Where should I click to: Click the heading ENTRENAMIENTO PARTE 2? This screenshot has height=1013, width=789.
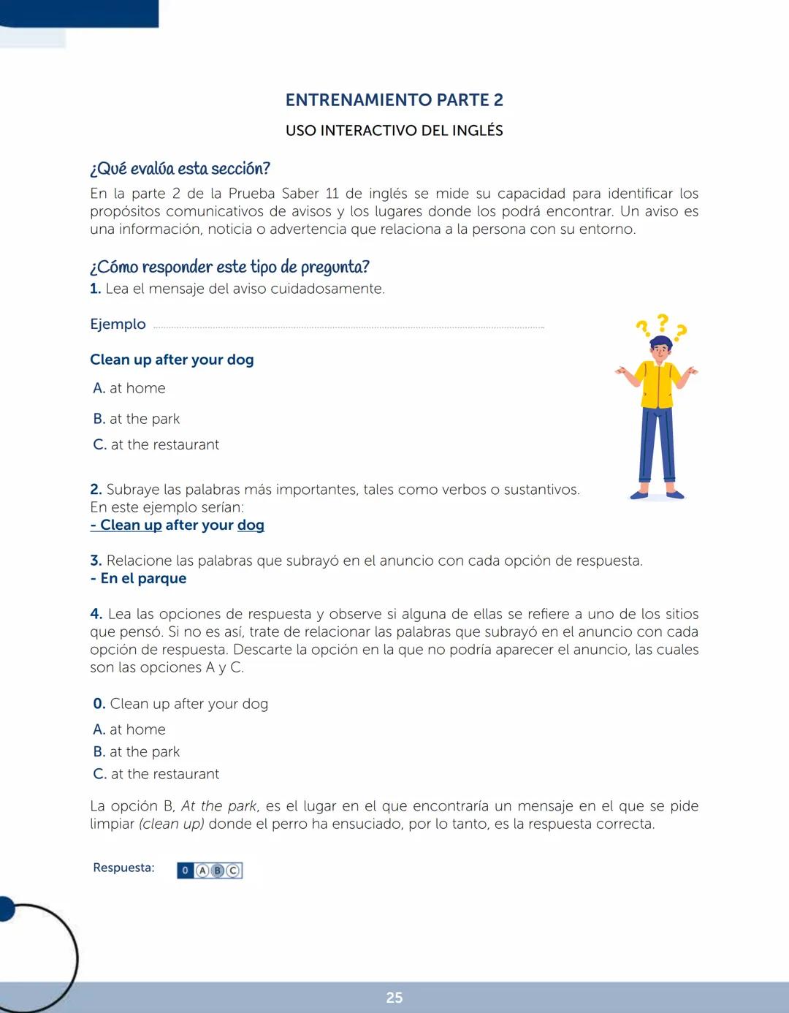click(x=394, y=100)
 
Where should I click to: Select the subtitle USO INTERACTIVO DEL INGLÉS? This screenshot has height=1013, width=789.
click(x=394, y=131)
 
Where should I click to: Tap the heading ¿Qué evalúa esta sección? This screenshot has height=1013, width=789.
click(x=180, y=169)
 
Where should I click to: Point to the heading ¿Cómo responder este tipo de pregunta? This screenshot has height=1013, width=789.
click(x=229, y=267)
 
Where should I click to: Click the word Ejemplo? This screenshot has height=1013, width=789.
click(x=118, y=324)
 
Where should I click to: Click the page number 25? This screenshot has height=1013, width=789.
click(x=394, y=998)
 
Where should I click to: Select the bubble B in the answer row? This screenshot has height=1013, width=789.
click(x=218, y=870)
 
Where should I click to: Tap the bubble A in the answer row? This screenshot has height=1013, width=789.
click(x=202, y=870)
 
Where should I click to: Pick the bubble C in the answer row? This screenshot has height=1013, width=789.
click(x=233, y=870)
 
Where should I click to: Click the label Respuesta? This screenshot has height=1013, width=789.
click(x=123, y=868)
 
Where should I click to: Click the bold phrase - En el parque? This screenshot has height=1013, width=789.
click(x=138, y=578)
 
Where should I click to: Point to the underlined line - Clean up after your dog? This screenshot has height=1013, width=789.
click(x=177, y=525)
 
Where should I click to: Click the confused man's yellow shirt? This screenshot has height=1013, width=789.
click(x=657, y=384)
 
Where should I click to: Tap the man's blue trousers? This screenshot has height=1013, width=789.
click(x=657, y=446)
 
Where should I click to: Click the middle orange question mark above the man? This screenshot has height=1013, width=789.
click(x=662, y=321)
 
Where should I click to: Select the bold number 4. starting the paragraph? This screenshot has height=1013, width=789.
click(x=96, y=614)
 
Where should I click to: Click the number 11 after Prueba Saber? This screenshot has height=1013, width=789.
click(x=332, y=194)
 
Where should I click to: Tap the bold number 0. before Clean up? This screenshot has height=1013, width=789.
click(x=99, y=704)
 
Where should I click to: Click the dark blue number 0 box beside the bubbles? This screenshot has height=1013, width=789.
click(x=185, y=870)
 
